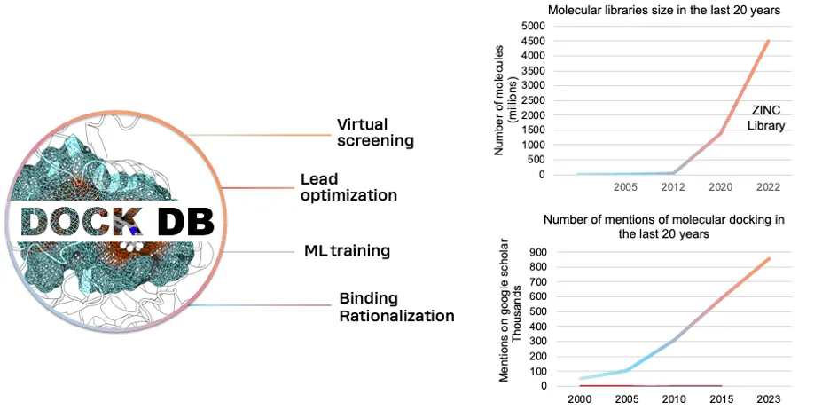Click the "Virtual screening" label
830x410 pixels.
tap(375, 132)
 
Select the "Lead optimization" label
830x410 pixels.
tap(348, 186)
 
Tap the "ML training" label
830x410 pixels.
tap(348, 250)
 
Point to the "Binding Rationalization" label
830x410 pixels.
tap(396, 307)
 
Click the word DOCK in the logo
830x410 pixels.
tap(82, 221)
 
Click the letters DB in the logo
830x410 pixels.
tap(185, 221)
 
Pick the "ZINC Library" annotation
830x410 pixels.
tap(766, 119)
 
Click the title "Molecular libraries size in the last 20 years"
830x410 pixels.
tap(664, 11)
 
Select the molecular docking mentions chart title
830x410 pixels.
tap(664, 226)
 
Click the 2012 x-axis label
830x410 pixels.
tap(672, 187)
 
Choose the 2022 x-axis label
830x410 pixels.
tap(768, 187)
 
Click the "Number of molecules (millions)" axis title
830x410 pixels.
tap(504, 100)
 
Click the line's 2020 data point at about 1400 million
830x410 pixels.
tap(720, 132)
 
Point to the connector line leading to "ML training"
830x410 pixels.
tap(258, 252)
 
